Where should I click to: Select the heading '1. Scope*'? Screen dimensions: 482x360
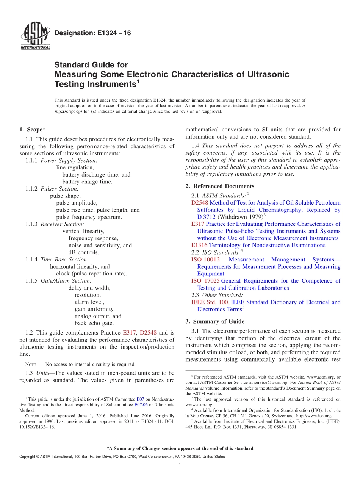coord(33,130)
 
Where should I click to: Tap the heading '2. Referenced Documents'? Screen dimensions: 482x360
coord(220,186)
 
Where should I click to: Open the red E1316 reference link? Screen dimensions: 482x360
coord(199,245)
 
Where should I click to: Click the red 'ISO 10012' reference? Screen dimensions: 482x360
coord(206,260)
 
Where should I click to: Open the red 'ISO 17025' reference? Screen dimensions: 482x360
coord(205,281)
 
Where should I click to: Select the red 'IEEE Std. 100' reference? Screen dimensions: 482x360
coord(210,302)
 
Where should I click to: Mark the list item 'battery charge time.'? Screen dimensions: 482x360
coord(87,182)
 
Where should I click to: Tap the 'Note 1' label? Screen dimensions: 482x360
coord(33,364)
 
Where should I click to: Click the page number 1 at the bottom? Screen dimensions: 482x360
coord(180,466)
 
